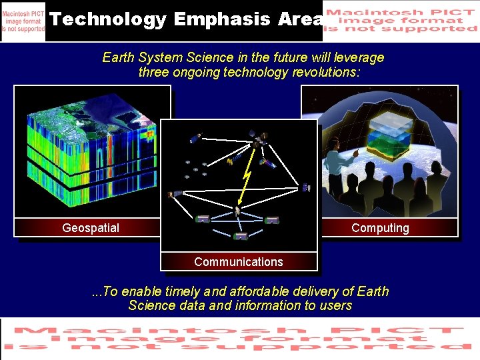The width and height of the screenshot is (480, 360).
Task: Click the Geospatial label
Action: (x=91, y=228)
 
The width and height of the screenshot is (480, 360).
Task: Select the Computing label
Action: (x=380, y=228)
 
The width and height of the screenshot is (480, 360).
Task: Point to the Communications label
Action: (x=238, y=262)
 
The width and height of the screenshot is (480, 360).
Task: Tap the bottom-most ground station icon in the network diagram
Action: (x=241, y=235)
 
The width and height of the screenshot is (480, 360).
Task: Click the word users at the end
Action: (x=335, y=305)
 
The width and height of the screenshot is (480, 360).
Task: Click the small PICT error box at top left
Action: (x=23, y=21)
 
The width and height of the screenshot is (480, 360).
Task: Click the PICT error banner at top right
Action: (x=400, y=21)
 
